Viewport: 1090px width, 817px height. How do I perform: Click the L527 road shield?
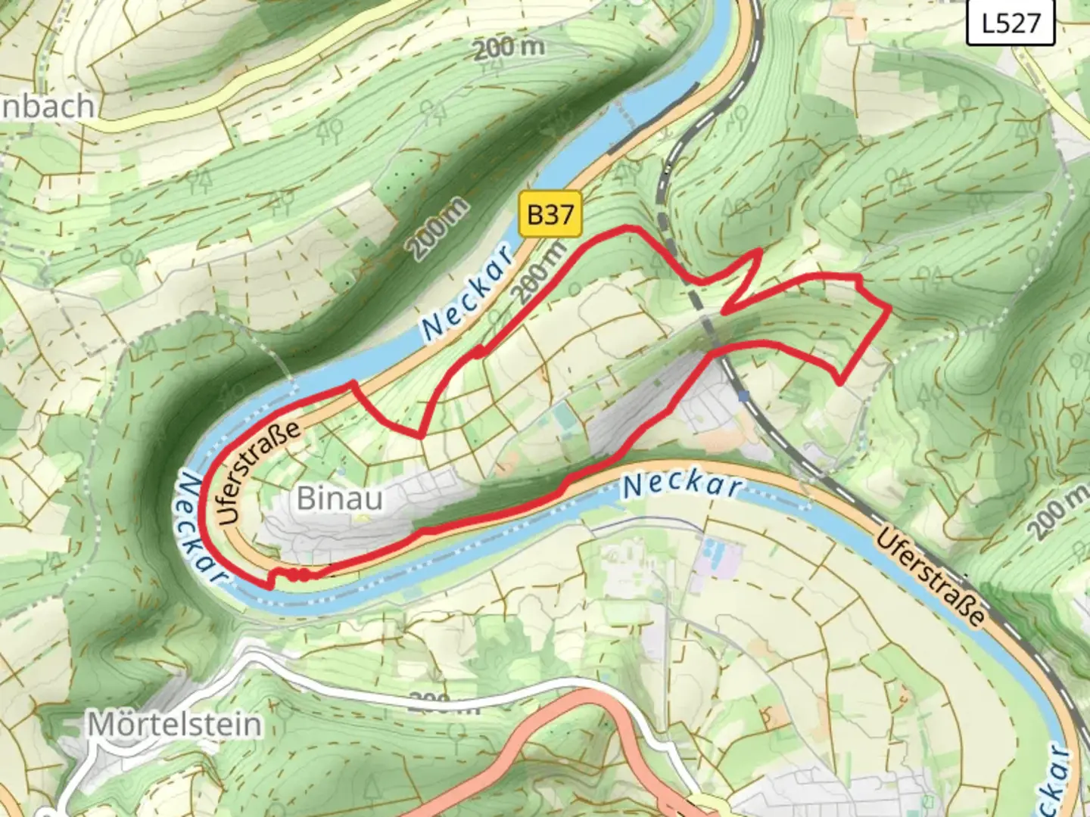point(1011,23)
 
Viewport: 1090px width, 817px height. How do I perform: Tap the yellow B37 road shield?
point(550,215)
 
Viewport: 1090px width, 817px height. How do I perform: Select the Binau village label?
point(339,499)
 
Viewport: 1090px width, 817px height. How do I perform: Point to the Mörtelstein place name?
point(176,725)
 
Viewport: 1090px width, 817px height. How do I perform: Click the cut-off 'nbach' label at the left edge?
point(47,107)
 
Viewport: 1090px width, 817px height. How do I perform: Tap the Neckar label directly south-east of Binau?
point(681,485)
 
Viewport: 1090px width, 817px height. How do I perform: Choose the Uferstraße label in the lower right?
point(931,578)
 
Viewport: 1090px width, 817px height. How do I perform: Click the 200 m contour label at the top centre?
point(509,48)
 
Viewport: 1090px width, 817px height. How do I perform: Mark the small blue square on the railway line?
point(746,395)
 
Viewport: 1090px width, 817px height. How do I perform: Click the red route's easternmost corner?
point(889,309)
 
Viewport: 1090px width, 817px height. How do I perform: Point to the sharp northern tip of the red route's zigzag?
point(758,251)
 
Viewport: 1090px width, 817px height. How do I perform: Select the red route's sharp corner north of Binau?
point(420,436)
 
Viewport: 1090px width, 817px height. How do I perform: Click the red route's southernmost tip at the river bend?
point(270,586)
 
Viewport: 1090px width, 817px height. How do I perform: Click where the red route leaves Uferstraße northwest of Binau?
point(351,384)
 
